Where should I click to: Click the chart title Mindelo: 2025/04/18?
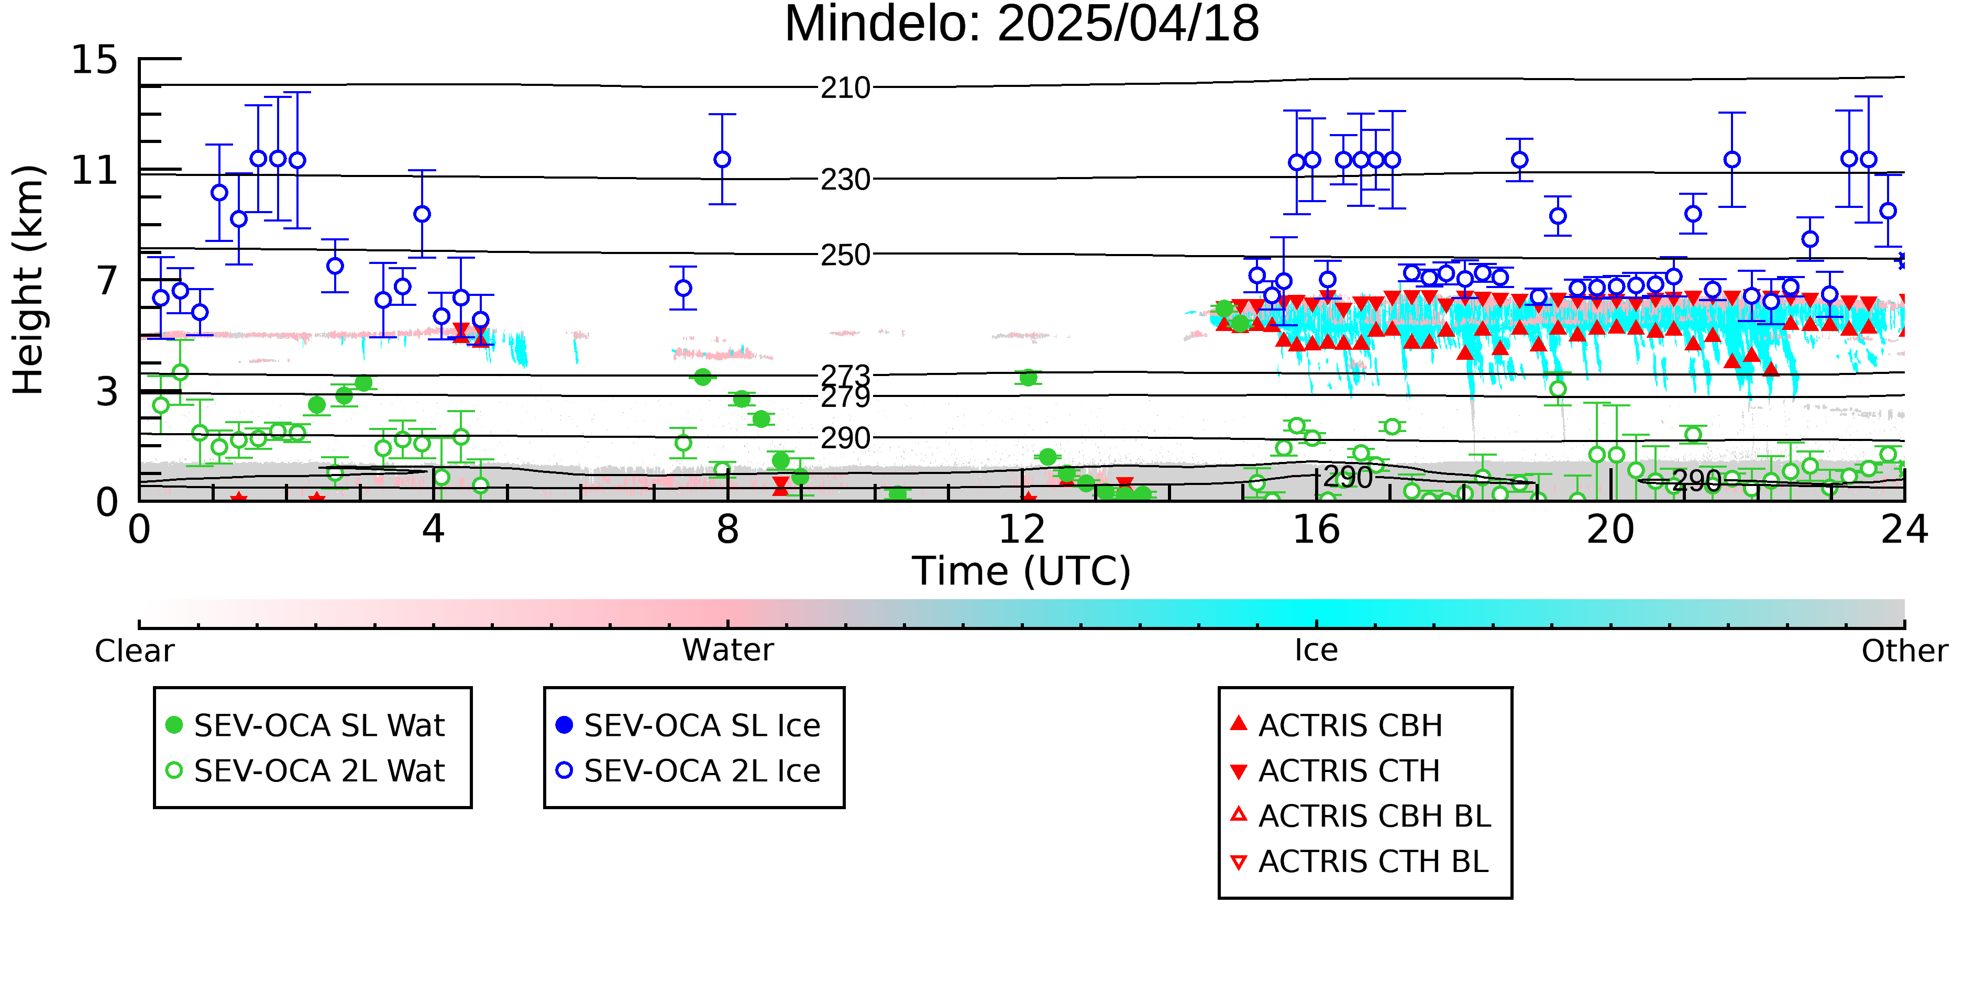(1022, 25)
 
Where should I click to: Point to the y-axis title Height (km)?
(28, 280)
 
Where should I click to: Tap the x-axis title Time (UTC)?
(1022, 570)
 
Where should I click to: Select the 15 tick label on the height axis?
(95, 60)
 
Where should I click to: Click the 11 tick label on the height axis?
(95, 170)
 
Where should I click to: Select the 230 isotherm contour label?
(845, 180)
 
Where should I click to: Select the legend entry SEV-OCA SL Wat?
(305, 725)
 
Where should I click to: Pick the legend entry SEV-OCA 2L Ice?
(689, 771)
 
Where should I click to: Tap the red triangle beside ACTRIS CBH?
(1239, 723)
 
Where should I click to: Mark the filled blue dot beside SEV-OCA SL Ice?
(564, 725)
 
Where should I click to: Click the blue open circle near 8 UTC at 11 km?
(722, 159)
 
